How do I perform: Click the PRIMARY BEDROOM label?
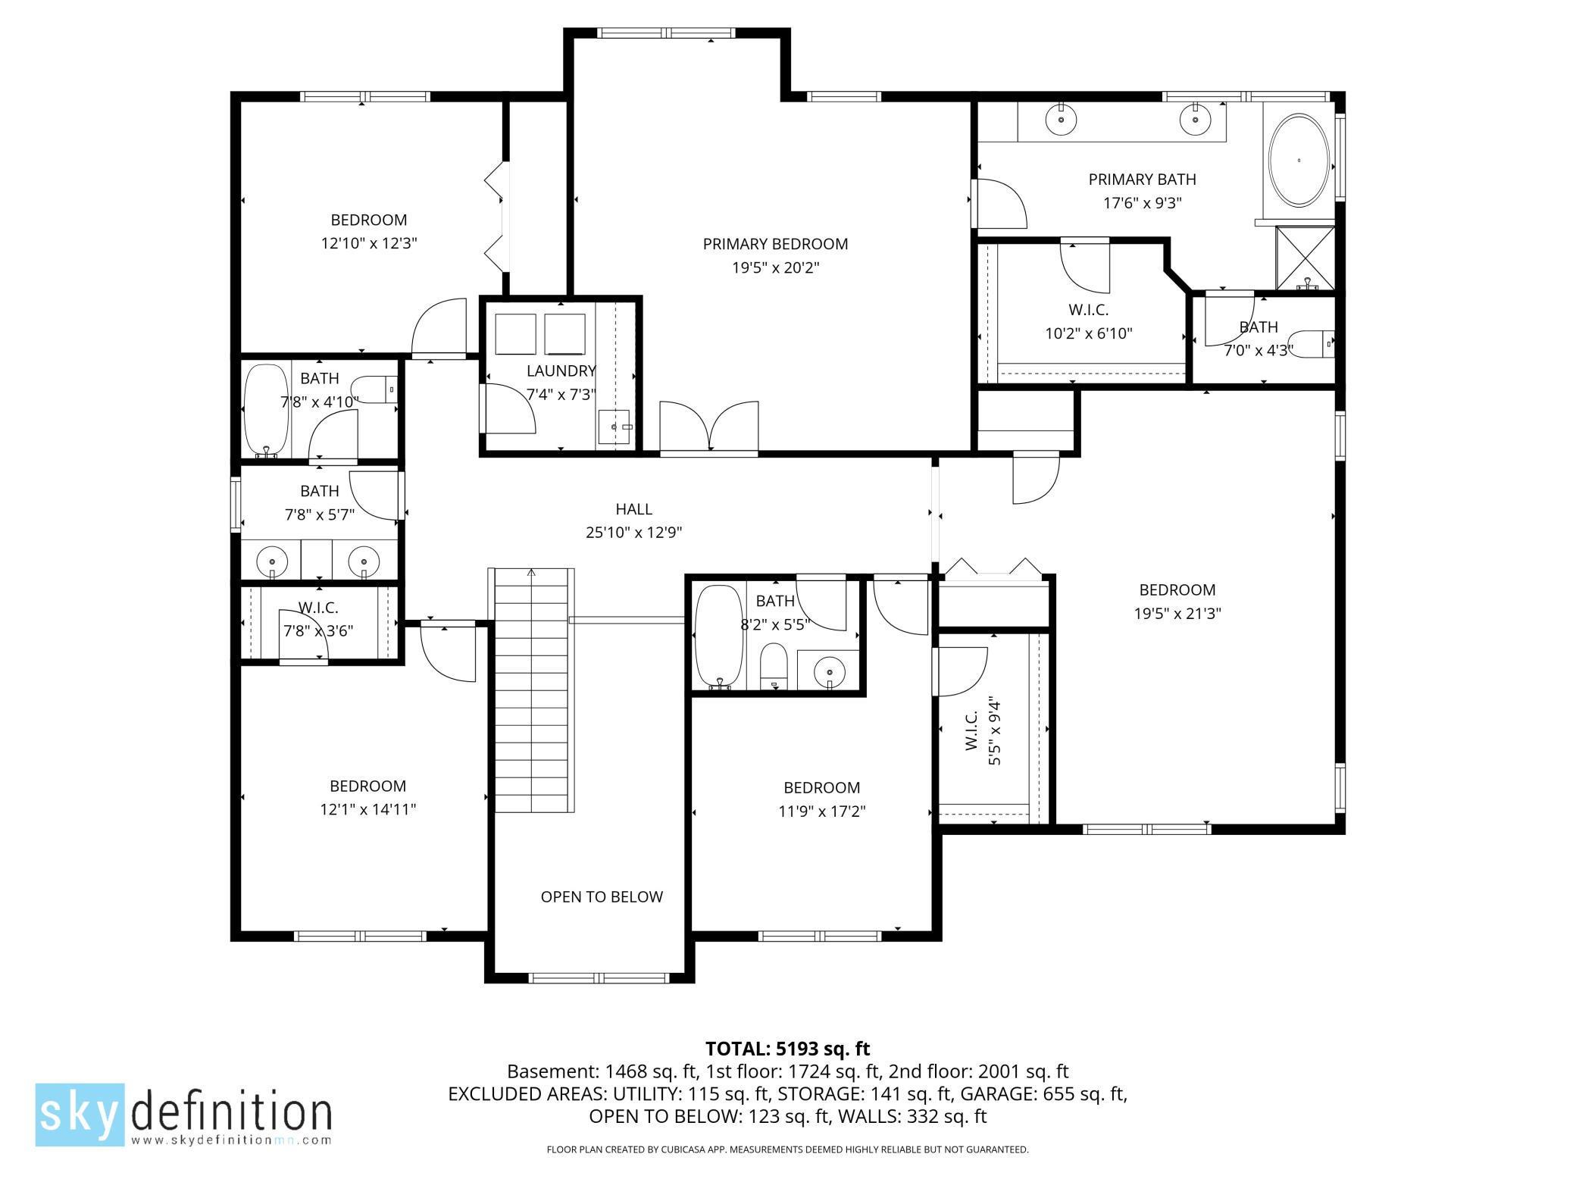(x=775, y=244)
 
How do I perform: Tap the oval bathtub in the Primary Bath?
(x=1299, y=160)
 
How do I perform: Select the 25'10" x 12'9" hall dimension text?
(x=633, y=533)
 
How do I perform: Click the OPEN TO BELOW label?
(x=602, y=897)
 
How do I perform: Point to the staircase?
(x=531, y=689)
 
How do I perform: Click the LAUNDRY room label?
(x=561, y=371)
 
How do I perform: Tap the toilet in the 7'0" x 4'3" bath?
(x=1310, y=343)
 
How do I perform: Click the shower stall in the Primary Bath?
(x=1305, y=258)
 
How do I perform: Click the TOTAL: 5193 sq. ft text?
(x=787, y=1049)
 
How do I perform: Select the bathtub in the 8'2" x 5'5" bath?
(x=718, y=636)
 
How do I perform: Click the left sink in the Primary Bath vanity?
(x=1061, y=120)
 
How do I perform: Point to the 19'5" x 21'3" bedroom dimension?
(x=1177, y=614)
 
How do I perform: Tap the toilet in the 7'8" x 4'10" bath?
(x=375, y=390)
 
